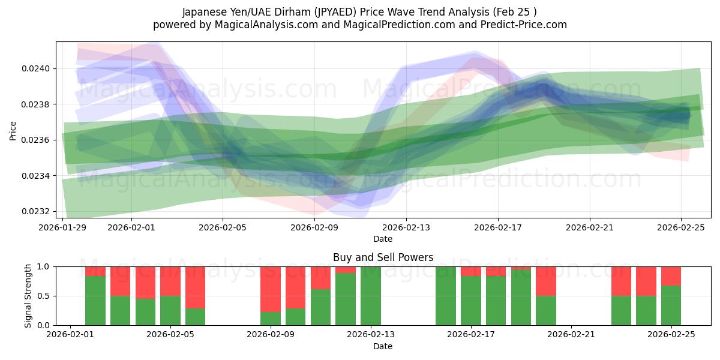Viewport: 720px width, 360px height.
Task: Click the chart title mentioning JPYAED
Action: [359, 11]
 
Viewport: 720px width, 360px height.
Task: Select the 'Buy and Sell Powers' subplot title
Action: [383, 257]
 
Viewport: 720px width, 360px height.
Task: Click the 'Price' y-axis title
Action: [13, 130]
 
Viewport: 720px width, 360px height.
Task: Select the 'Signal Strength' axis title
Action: [28, 296]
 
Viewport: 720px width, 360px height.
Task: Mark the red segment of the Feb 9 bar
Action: [271, 289]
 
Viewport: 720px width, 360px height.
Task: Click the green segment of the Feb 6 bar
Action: [195, 317]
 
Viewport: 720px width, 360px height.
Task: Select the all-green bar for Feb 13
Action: [371, 296]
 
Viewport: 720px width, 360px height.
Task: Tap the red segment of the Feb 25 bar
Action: [671, 276]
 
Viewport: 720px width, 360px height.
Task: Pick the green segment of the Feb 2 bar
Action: [95, 301]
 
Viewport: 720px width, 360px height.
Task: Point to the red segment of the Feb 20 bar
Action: [546, 281]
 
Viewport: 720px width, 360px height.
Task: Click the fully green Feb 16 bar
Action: [446, 296]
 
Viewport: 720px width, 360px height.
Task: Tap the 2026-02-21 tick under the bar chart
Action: [571, 335]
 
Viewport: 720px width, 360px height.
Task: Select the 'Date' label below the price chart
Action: [383, 239]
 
